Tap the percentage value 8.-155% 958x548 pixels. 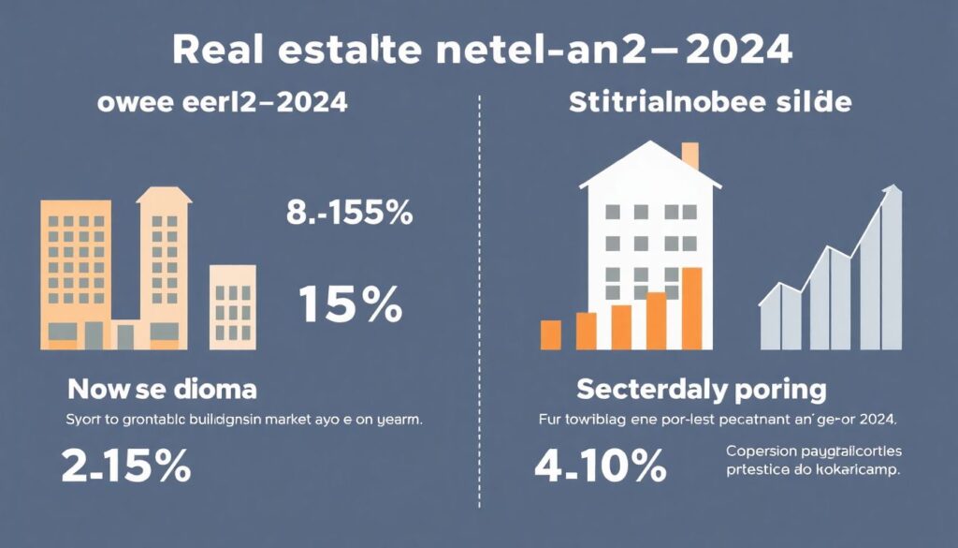pyautogui.click(x=349, y=214)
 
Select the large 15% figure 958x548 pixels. pyautogui.click(x=350, y=304)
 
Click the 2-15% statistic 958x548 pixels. pyautogui.click(x=127, y=465)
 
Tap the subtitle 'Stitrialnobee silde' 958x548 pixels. pyautogui.click(x=711, y=103)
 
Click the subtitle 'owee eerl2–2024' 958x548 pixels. pyautogui.click(x=223, y=103)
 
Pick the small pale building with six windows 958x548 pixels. pyautogui.click(x=232, y=306)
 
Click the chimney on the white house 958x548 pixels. pyautogui.click(x=689, y=156)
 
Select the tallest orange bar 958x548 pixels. pyautogui.click(x=692, y=307)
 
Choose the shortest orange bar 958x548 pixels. pyautogui.click(x=551, y=334)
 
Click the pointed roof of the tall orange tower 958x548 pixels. pyautogui.click(x=164, y=195)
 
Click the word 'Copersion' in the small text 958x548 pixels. pyautogui.click(x=762, y=451)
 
